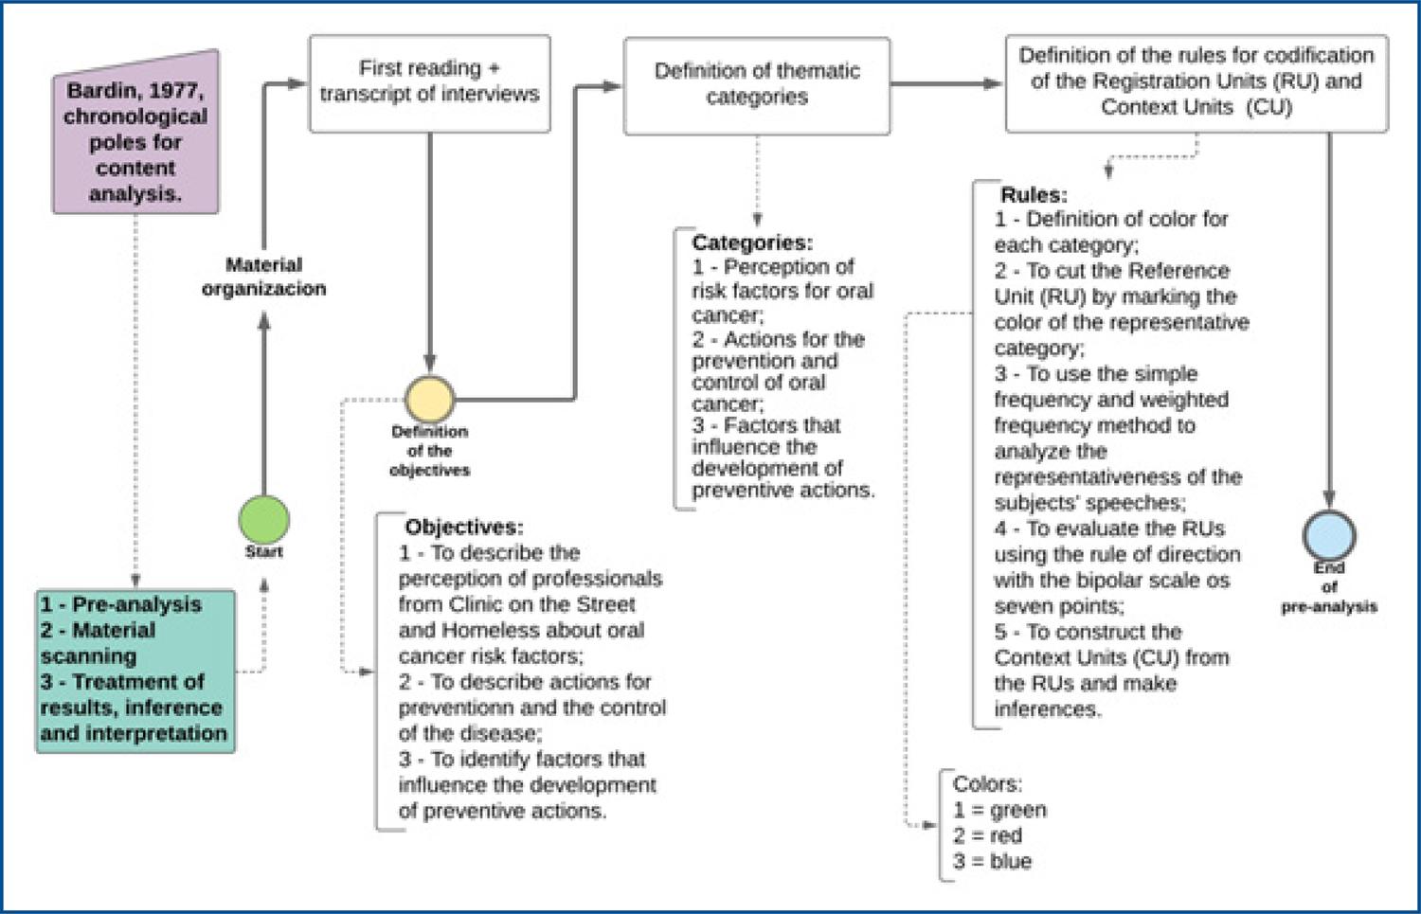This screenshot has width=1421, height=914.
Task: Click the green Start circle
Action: [x=264, y=519]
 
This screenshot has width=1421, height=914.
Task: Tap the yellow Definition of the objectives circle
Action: [x=429, y=400]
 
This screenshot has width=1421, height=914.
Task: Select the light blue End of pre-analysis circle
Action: [x=1329, y=535]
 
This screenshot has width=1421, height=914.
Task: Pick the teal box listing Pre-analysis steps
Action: [x=135, y=672]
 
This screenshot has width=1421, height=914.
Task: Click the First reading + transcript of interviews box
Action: [x=429, y=83]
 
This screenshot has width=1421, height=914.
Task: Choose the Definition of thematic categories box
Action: [x=757, y=85]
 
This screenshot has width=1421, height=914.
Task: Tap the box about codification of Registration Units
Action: [x=1196, y=83]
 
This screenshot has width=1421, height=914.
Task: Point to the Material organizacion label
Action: [x=264, y=277]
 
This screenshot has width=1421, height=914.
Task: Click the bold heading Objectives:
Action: [x=464, y=527]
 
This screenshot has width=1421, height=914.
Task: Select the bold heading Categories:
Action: [x=752, y=242]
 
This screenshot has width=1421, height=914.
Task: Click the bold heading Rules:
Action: [x=1034, y=194]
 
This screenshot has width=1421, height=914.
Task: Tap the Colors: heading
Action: [x=987, y=784]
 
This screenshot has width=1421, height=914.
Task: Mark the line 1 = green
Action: [x=999, y=810]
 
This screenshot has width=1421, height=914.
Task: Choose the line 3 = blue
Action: [x=992, y=861]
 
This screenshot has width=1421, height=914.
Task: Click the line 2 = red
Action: [x=988, y=835]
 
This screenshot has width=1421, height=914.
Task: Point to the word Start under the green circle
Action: [x=264, y=552]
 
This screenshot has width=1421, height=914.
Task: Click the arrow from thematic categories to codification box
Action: [x=946, y=83]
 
